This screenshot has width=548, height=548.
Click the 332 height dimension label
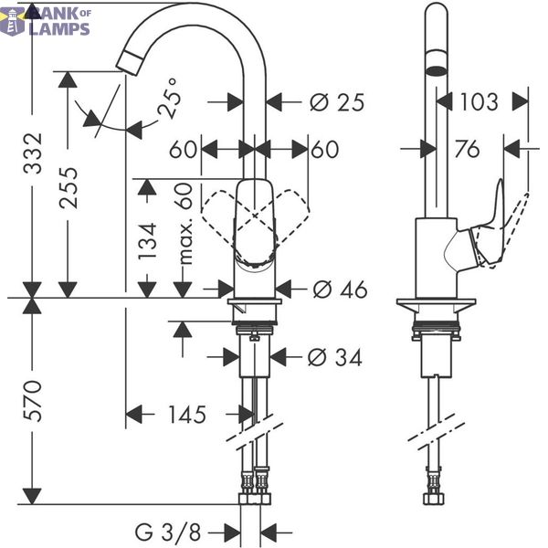tap(33, 153)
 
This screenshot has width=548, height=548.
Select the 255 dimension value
tap(68, 188)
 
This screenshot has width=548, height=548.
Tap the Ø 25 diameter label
tap(337, 102)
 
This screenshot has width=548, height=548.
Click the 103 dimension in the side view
tap(479, 102)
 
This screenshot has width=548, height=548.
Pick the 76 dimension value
tap(467, 149)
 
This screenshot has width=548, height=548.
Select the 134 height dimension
tap(147, 241)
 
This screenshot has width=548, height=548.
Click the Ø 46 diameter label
tap(340, 290)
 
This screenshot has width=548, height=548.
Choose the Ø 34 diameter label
tap(334, 357)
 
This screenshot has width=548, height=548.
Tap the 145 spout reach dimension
tap(187, 415)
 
